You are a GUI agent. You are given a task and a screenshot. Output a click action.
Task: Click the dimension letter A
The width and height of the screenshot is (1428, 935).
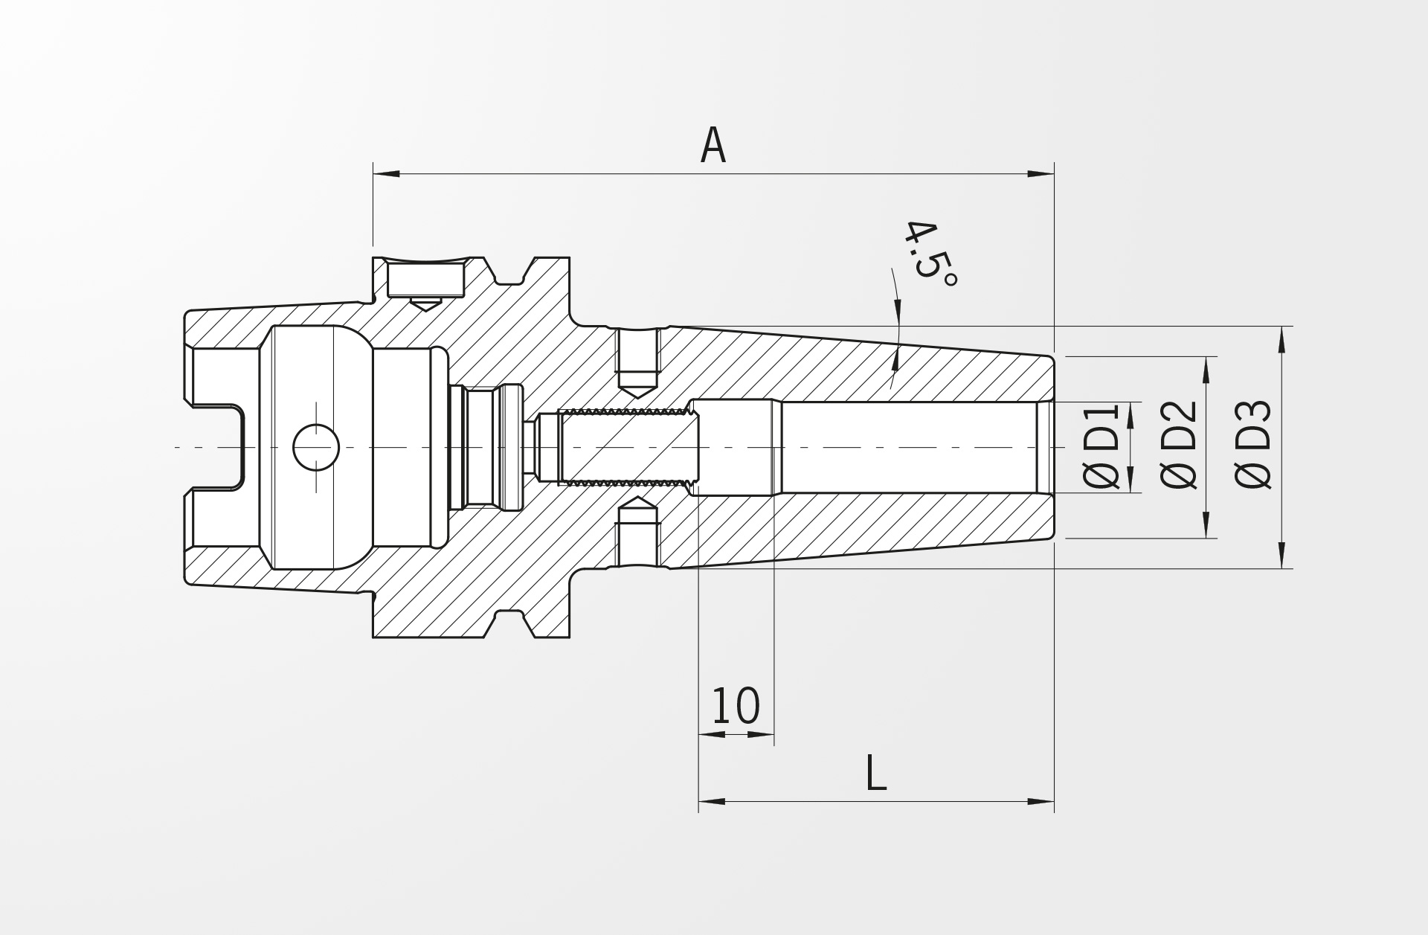coord(713,145)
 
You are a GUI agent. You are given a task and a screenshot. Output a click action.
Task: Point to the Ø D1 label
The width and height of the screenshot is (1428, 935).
coord(1101,446)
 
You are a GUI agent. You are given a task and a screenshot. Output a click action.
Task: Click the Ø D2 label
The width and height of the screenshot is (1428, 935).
coord(1179,445)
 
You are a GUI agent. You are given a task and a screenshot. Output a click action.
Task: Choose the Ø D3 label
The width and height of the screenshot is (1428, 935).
coord(1253,445)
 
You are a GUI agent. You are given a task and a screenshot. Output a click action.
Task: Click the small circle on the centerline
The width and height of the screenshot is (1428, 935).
coord(316,447)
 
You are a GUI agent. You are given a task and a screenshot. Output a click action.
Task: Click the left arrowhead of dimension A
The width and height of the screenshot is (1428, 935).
coord(386,174)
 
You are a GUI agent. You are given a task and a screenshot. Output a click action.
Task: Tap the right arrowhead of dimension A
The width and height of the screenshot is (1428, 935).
coord(1041,174)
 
